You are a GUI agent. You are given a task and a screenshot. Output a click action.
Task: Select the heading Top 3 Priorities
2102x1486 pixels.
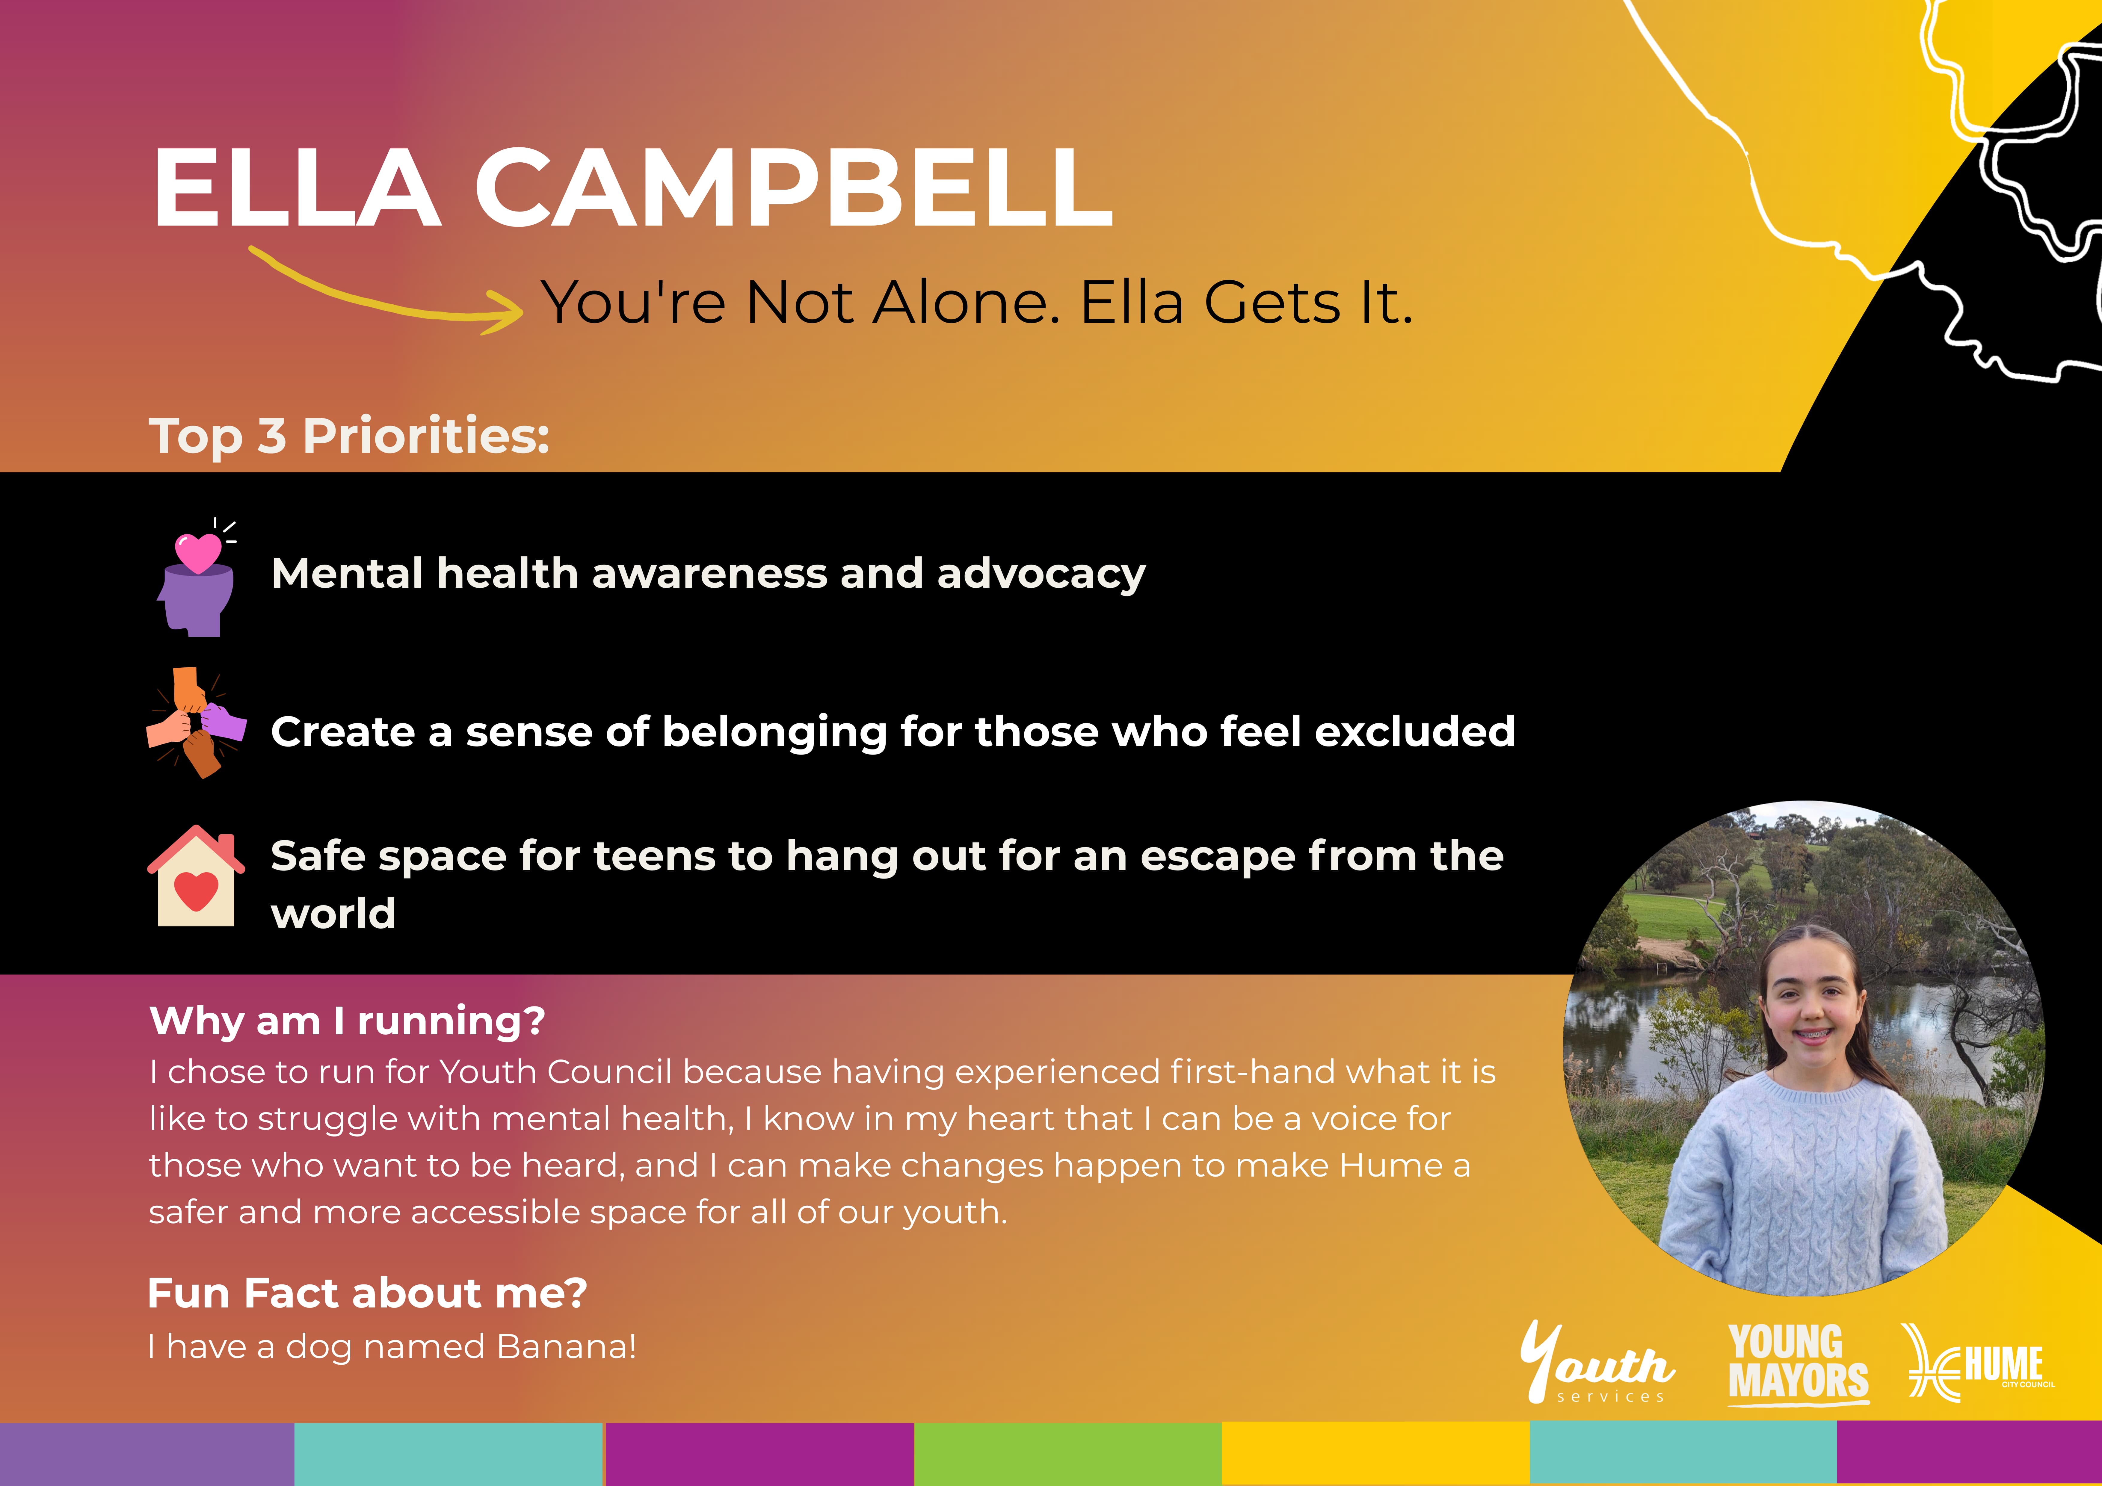(349, 436)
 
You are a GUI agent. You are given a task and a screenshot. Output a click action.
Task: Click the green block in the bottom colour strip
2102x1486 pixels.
(1067, 1454)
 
